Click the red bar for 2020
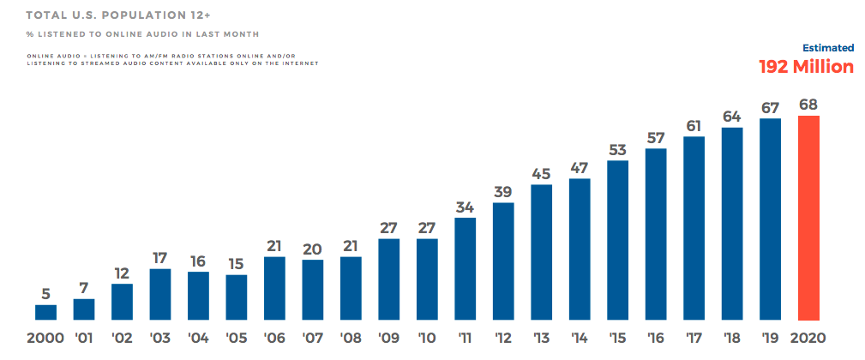[x=808, y=219]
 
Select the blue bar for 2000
[x=45, y=313]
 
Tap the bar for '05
[x=237, y=297]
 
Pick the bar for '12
[x=503, y=261]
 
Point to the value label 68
[x=808, y=105]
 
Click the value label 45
[x=541, y=174]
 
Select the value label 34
[x=466, y=207]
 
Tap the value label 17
[x=160, y=257]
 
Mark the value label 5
[x=45, y=293]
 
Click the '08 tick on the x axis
[x=351, y=337]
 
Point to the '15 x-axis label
[x=617, y=337]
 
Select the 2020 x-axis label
[x=808, y=337]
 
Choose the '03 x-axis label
[x=160, y=337]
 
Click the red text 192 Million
[x=807, y=67]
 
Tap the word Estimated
[x=828, y=48]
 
